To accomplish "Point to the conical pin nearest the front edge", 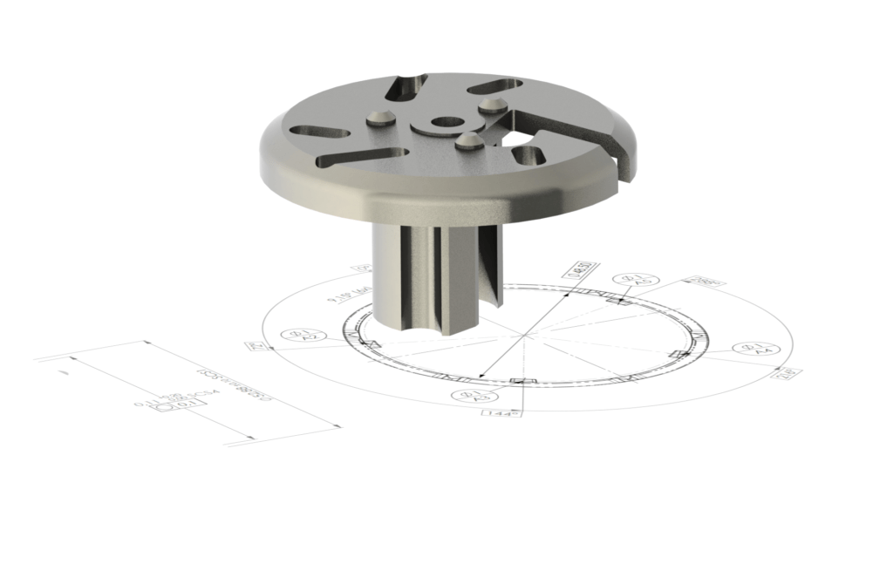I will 468,139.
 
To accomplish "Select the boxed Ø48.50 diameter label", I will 576,270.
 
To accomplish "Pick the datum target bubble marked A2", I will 297,335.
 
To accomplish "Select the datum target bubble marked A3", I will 461,396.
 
